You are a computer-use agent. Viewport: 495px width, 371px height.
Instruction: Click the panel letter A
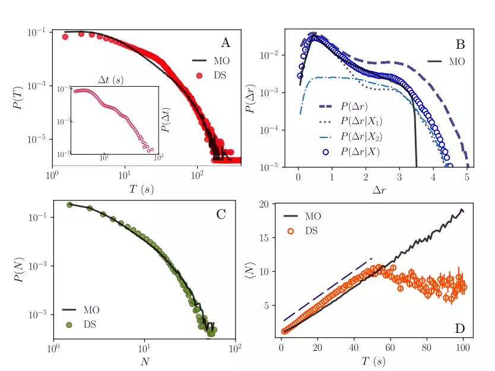[x=226, y=42]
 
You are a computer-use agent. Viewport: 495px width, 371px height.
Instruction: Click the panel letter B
[x=460, y=44]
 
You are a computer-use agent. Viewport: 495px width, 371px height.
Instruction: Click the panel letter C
[x=221, y=215]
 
